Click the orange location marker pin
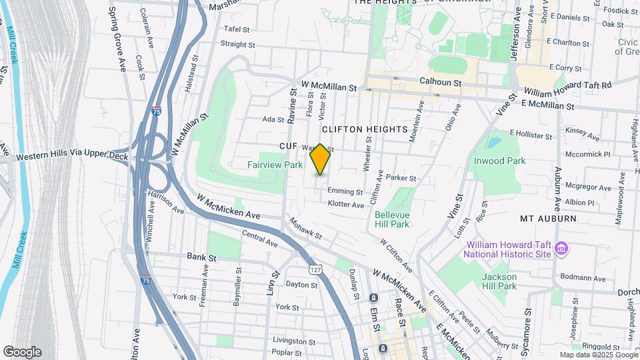coord(321,159)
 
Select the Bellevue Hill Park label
coord(391,219)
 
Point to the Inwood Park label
coord(499,161)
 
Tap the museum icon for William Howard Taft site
coord(561,249)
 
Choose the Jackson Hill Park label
coord(499,281)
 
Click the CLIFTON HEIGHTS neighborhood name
coord(363,129)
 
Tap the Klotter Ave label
coord(345,205)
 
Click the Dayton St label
coord(301,285)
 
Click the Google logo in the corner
coord(22,352)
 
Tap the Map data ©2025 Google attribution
coord(598,355)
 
